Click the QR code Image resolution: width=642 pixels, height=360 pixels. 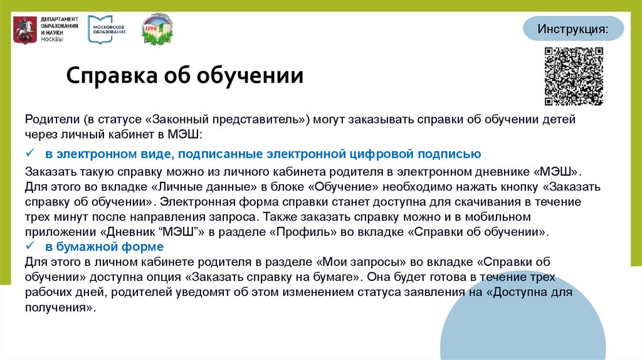pos(572,76)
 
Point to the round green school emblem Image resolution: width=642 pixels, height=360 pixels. pos(158,28)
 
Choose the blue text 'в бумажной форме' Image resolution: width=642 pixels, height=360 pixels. pos(103,246)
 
